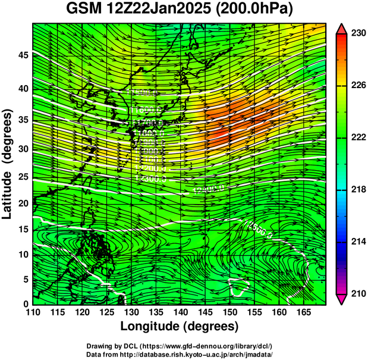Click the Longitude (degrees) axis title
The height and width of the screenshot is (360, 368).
(x=179, y=327)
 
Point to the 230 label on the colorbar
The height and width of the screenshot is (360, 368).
(x=358, y=34)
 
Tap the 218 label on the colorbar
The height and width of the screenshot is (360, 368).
(x=358, y=190)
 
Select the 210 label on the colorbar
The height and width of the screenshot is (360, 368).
(x=358, y=293)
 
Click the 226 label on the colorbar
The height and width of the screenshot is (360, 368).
(x=358, y=86)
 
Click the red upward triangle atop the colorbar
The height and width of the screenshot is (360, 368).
(x=342, y=28)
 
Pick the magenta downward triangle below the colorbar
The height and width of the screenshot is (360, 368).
(x=342, y=299)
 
